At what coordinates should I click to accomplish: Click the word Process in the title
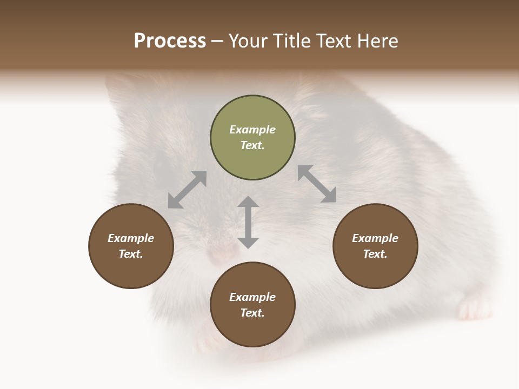(170, 41)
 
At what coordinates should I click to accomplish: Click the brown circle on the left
(131, 246)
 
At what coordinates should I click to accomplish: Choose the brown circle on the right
(375, 246)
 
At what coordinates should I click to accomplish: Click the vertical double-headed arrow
(248, 222)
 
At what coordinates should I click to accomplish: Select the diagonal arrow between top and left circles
(187, 190)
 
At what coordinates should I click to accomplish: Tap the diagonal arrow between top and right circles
(317, 184)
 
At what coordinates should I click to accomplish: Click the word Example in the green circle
(252, 130)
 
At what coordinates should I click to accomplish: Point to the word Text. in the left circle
(131, 254)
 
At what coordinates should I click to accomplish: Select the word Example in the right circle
(375, 238)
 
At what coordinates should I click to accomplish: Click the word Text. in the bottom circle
(252, 313)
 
